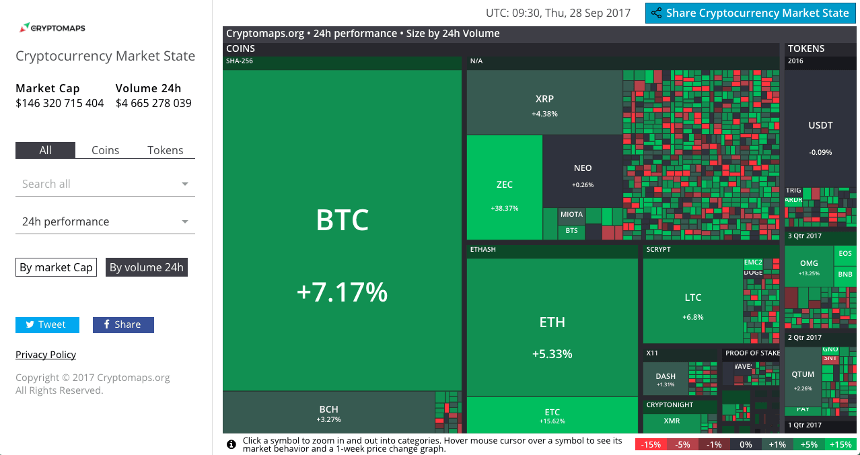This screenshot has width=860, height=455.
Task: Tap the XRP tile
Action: point(544,104)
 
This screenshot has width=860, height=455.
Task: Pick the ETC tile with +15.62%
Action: point(552,415)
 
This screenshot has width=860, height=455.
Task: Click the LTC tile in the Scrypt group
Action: point(692,303)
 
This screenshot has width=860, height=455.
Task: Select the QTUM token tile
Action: point(803,379)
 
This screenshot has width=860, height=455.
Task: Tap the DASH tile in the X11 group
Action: point(665,380)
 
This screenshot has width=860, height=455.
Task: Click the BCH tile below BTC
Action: point(328,413)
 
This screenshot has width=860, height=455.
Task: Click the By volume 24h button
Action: point(146,267)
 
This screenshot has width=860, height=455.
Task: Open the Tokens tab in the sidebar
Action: point(165,150)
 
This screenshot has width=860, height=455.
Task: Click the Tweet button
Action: point(47,324)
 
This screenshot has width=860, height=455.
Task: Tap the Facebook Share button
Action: point(123,324)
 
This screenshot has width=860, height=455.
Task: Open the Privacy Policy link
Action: point(46,355)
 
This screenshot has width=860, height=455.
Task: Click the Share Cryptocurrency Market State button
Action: point(750,13)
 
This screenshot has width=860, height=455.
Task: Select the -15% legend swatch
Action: point(651,444)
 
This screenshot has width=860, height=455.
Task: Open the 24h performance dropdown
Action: point(105,221)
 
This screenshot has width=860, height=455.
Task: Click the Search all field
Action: point(105,184)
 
